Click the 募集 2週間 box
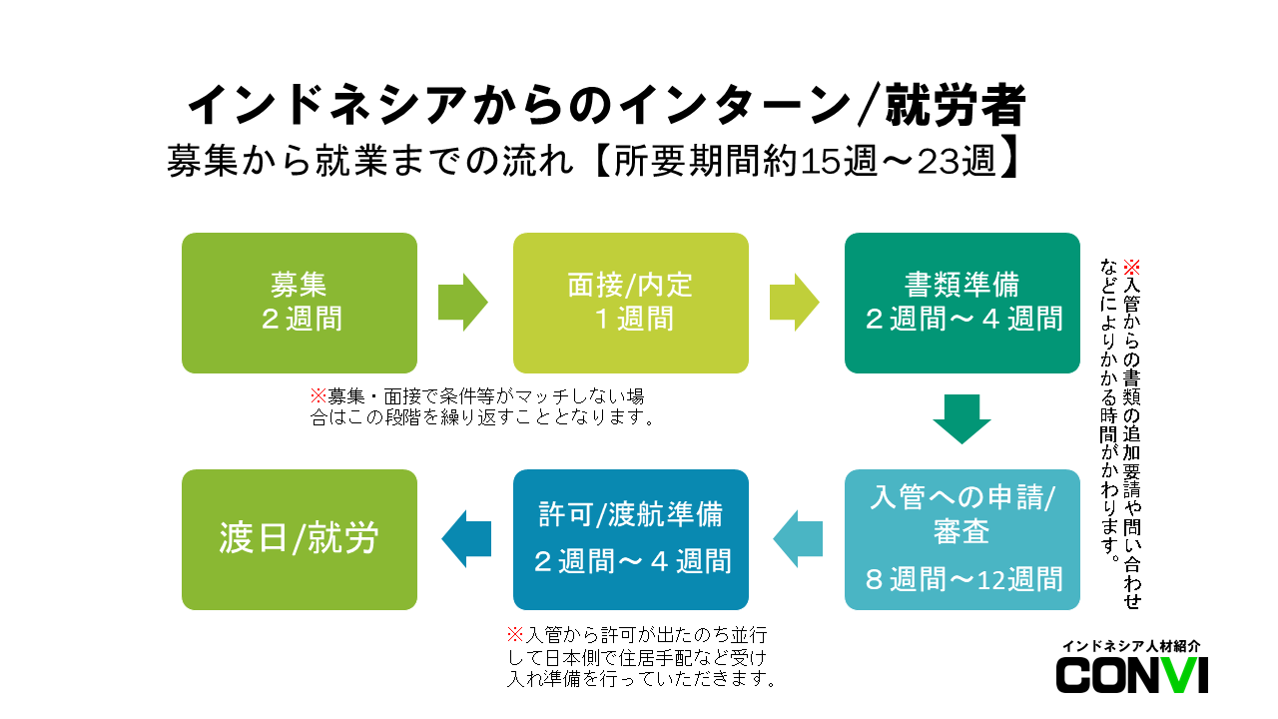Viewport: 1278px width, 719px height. click(x=300, y=303)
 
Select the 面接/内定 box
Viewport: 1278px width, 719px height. click(x=630, y=303)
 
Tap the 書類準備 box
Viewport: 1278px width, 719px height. click(x=961, y=303)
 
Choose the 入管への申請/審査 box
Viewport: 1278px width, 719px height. click(x=961, y=539)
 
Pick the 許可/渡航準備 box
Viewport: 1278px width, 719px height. click(x=630, y=539)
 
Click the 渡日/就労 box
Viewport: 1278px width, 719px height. click(x=300, y=539)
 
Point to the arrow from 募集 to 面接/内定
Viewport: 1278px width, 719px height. click(x=462, y=302)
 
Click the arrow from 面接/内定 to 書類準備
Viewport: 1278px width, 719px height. click(x=794, y=302)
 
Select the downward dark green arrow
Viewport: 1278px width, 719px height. click(x=961, y=418)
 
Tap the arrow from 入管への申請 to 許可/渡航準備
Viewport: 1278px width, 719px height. click(x=798, y=539)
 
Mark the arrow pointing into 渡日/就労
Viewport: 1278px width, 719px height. click(x=466, y=539)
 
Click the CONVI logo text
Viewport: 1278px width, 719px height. click(x=1132, y=676)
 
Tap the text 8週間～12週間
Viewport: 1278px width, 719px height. click(x=962, y=579)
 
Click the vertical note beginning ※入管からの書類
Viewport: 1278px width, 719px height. click(x=1119, y=429)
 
